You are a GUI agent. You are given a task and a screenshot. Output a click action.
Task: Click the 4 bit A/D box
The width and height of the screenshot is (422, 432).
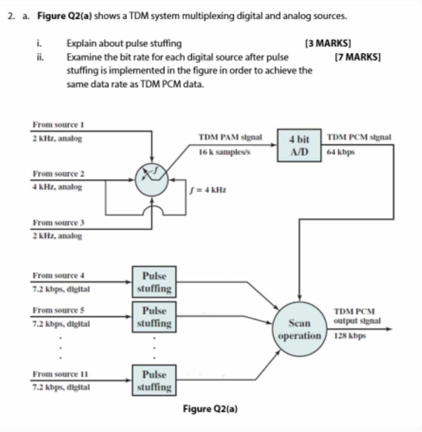(299, 145)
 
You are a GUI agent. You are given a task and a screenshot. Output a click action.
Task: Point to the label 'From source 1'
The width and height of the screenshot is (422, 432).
(59, 125)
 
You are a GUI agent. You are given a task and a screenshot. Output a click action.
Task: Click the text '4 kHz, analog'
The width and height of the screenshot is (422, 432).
(58, 187)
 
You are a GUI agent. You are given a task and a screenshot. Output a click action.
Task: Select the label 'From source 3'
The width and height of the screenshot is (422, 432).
(59, 223)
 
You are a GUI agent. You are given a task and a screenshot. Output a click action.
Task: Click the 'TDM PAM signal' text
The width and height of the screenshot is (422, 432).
(231, 138)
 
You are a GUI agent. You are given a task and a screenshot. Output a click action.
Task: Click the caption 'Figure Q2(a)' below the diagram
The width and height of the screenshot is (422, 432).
(210, 409)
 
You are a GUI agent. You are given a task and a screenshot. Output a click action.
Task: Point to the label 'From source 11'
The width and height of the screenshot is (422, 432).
(60, 374)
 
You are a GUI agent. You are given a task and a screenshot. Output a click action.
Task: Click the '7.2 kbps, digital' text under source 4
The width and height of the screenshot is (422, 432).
(61, 289)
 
